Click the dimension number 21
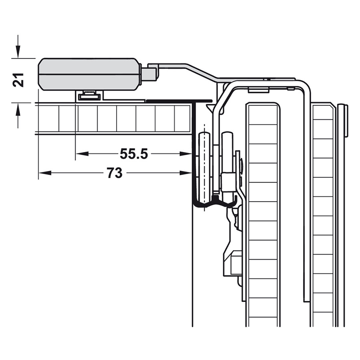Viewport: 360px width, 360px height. (18, 80)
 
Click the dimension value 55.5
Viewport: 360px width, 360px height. (134, 153)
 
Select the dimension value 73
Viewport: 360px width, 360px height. (115, 173)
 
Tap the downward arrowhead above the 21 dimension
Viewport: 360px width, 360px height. (18, 51)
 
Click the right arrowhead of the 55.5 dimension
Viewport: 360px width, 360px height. (185, 153)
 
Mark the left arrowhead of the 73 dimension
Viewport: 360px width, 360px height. (45, 173)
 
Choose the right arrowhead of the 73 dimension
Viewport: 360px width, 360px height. (185, 173)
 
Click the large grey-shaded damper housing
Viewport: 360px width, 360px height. (89, 74)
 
